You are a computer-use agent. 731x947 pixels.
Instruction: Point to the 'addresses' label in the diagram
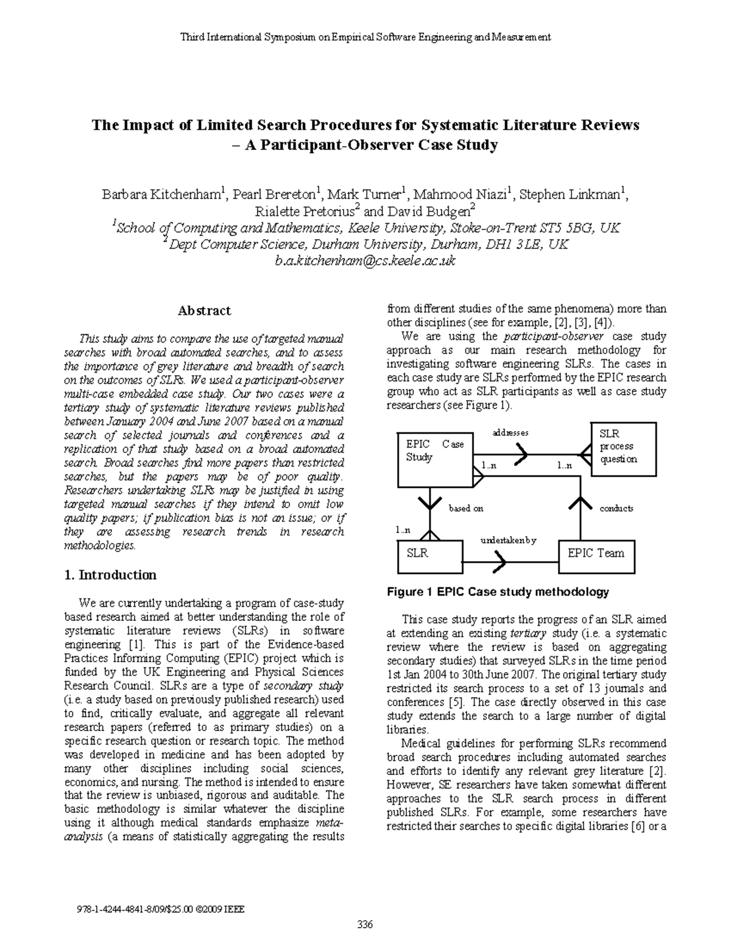tap(510, 432)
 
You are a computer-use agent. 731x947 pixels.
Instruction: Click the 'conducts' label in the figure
tap(616, 508)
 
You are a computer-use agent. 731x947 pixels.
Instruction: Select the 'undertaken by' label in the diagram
tap(508, 540)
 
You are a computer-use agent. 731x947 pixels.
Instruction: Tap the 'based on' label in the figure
tap(466, 508)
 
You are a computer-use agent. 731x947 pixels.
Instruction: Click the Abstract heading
tap(204, 311)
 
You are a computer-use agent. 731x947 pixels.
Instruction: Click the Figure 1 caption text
tap(498, 592)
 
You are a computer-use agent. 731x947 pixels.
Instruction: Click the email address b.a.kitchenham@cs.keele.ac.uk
tap(365, 261)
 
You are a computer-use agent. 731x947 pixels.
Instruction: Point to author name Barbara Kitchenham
tap(162, 195)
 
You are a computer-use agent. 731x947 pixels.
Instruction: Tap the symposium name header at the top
tap(365, 37)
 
